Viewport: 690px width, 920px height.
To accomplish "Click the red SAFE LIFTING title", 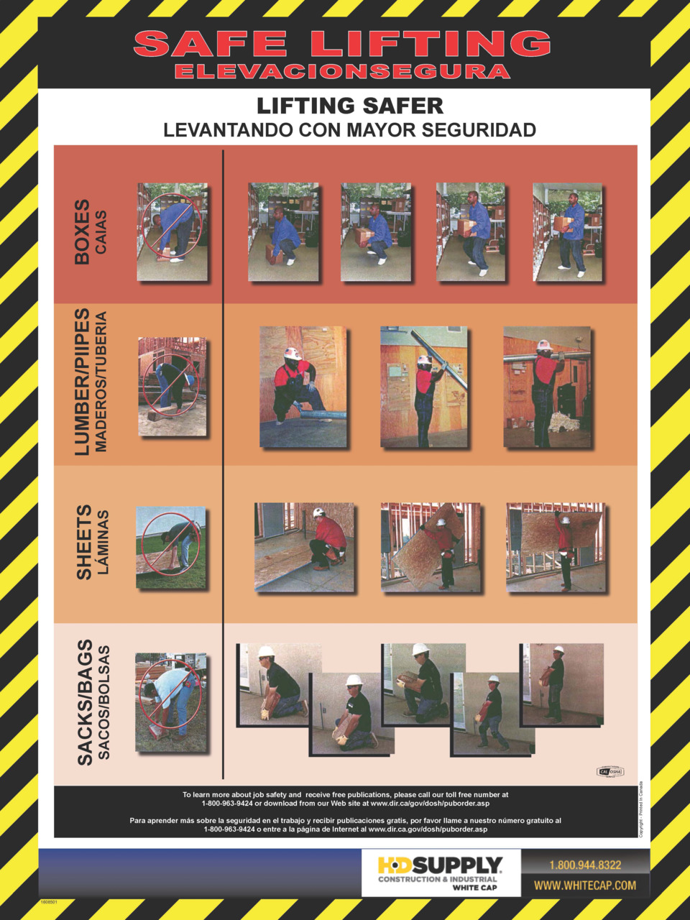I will (x=342, y=44).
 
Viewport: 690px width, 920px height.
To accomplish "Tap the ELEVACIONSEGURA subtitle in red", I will (x=342, y=71).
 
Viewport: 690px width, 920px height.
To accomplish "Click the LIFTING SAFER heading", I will (x=350, y=106).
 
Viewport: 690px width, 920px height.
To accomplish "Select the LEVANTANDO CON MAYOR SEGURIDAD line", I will (x=349, y=130).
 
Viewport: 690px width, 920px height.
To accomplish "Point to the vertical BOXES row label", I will (x=83, y=231).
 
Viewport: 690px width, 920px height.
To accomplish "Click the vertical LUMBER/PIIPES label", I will (x=83, y=382).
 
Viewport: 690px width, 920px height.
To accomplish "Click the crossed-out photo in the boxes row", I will (x=172, y=231).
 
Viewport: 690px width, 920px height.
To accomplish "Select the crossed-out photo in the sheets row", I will (x=170, y=548).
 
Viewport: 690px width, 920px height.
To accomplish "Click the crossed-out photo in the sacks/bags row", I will (x=170, y=701).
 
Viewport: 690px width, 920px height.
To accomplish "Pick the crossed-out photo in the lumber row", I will (x=172, y=387).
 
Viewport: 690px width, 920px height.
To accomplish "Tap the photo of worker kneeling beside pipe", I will (x=303, y=387).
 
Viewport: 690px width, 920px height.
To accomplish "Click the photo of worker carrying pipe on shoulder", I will (x=547, y=387).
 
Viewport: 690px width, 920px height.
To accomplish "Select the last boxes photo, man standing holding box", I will (x=567, y=231).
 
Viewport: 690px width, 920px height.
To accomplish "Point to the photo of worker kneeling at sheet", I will (x=304, y=547).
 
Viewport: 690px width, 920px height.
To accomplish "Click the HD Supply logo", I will (x=440, y=873).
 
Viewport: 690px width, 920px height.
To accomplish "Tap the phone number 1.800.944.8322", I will (x=585, y=865).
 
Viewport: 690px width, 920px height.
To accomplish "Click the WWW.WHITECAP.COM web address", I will (x=585, y=885).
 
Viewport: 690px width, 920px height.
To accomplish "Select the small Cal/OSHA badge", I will (x=610, y=772).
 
